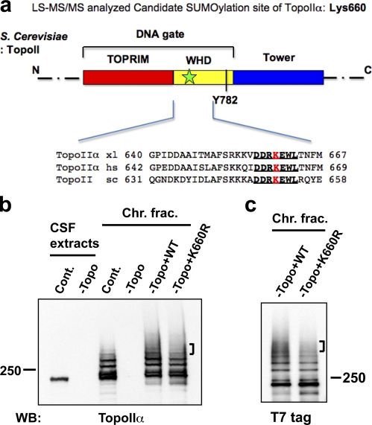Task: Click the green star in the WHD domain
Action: point(189,77)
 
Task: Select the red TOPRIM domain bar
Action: point(128,77)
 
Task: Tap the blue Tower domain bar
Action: point(278,77)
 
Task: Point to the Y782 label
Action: point(225,100)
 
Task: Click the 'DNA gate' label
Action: point(160,34)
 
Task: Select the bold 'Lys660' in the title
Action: point(347,8)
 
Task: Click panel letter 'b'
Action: point(5,205)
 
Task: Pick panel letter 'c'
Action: point(250,206)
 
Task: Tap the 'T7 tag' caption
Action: point(291,418)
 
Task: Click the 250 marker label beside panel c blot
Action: point(354,377)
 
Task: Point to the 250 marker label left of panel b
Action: point(10,371)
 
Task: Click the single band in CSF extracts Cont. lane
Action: point(60,379)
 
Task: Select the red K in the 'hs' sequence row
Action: point(276,167)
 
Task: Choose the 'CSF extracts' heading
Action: point(75,236)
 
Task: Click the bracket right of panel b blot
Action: point(192,349)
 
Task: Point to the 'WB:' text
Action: point(28,418)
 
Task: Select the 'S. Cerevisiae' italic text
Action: point(34,36)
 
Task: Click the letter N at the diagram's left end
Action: point(36,70)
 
